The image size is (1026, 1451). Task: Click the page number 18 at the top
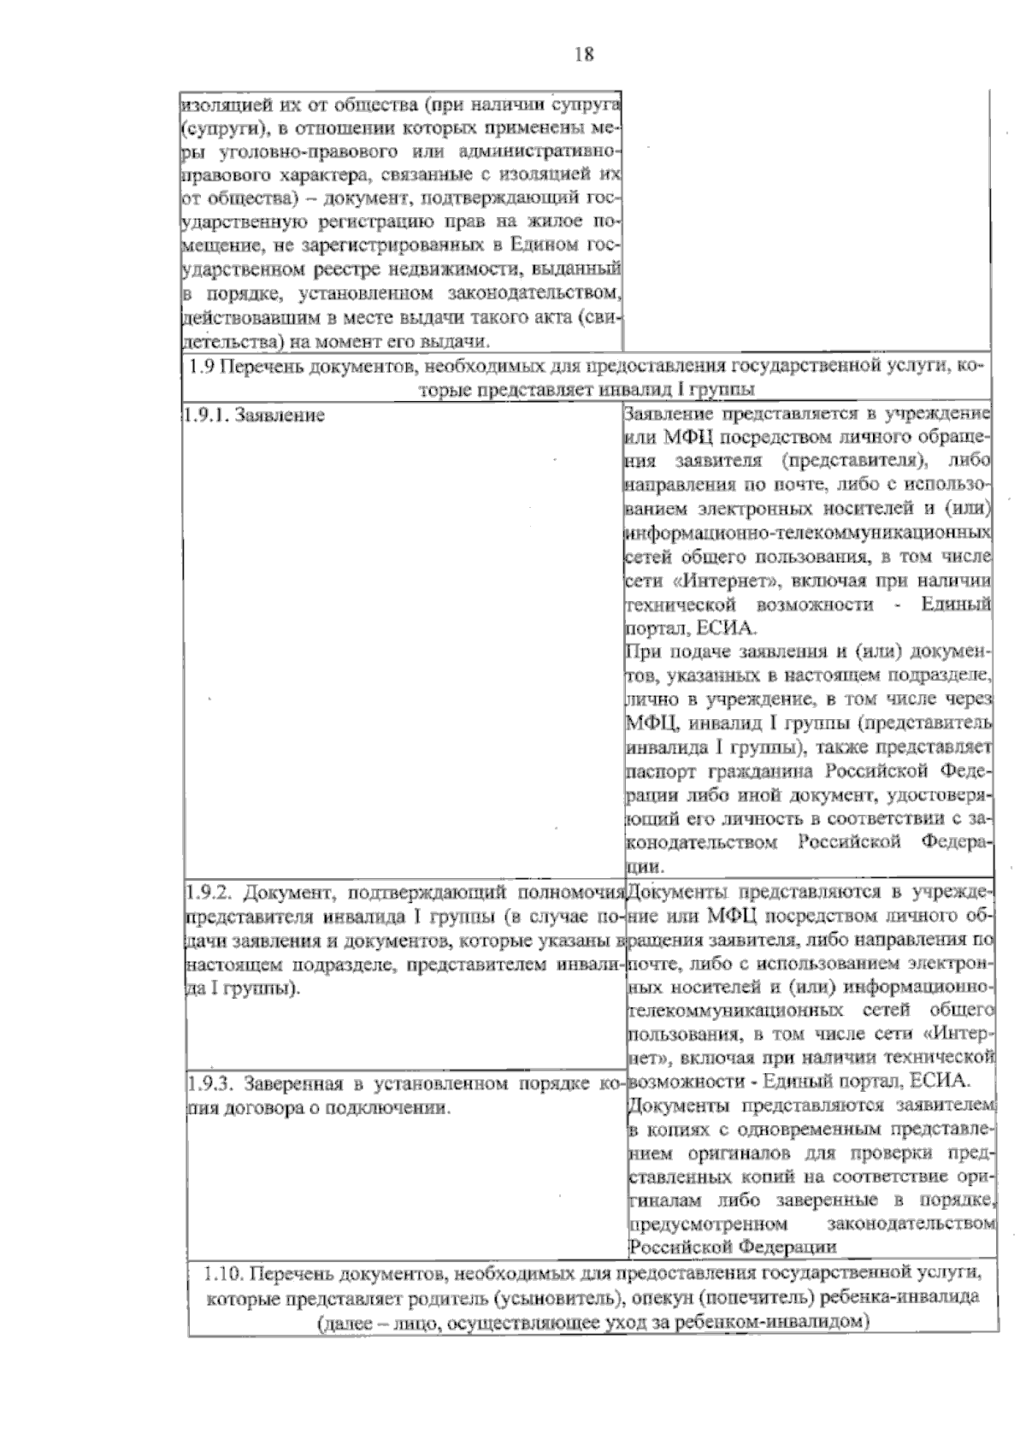[584, 55]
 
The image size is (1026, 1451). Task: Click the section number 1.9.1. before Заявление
[204, 416]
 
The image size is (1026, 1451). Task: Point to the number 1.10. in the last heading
[224, 1273]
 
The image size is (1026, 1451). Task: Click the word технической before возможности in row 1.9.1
[681, 605]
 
